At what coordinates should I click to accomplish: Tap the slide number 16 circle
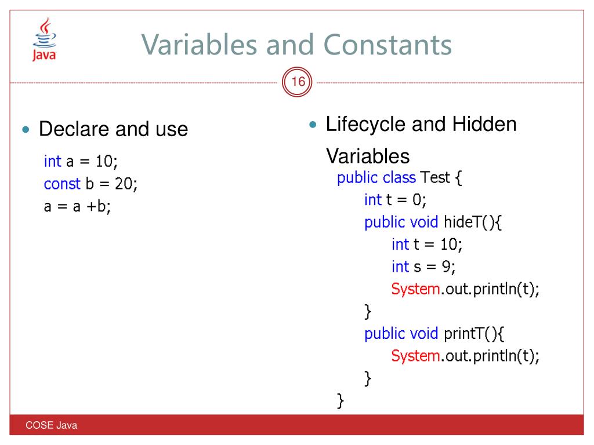(x=298, y=83)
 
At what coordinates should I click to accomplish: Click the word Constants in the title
(x=387, y=45)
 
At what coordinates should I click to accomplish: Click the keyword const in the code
(x=62, y=184)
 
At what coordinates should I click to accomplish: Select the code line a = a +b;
(x=77, y=206)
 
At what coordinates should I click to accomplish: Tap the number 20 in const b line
(x=123, y=184)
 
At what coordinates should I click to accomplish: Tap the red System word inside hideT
(x=415, y=289)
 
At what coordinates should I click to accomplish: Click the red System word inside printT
(x=415, y=355)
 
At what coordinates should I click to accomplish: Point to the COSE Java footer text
(x=51, y=426)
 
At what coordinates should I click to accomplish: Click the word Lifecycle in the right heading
(x=366, y=124)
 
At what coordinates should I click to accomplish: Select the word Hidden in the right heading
(x=484, y=124)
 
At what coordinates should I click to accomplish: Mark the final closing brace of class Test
(x=341, y=400)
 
